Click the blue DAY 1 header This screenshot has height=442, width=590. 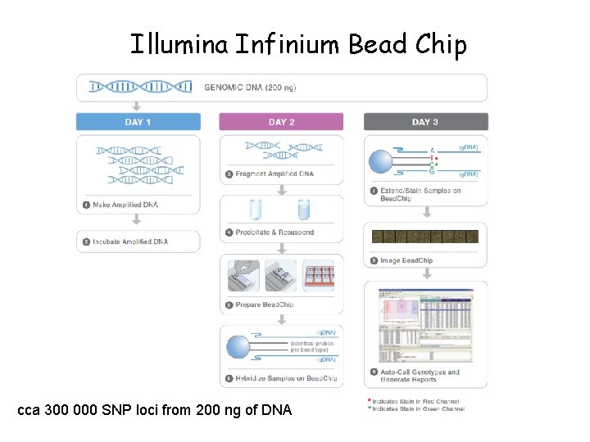(x=138, y=122)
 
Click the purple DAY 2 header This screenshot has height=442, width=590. (x=281, y=122)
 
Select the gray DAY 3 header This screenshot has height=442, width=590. (x=425, y=122)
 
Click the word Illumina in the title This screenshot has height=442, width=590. (x=179, y=44)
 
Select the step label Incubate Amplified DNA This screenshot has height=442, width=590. (x=130, y=241)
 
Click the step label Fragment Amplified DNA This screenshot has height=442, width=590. (x=275, y=174)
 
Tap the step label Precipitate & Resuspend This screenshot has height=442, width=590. (x=274, y=232)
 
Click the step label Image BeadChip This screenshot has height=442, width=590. (x=406, y=260)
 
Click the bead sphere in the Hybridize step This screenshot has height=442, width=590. (x=238, y=347)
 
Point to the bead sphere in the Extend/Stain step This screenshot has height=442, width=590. (x=381, y=161)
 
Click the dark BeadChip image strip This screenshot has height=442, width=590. (x=425, y=237)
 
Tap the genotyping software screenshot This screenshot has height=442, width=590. (x=425, y=325)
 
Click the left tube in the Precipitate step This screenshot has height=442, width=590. (x=254, y=209)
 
